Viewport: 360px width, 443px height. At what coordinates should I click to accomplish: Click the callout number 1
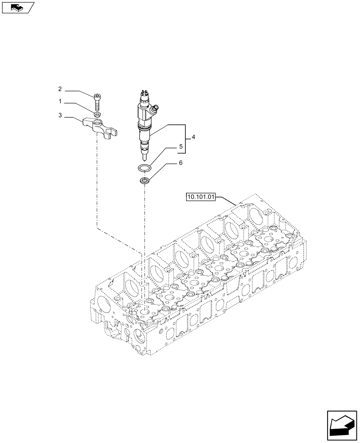pyautogui.click(x=60, y=102)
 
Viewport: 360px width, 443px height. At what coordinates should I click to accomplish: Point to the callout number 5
pyautogui.click(x=180, y=146)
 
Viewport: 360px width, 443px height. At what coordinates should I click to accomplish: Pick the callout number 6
pyautogui.click(x=180, y=163)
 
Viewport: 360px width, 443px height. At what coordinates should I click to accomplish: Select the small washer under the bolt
pyautogui.click(x=97, y=115)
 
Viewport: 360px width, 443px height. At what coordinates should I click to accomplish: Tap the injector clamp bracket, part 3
pyautogui.click(x=100, y=127)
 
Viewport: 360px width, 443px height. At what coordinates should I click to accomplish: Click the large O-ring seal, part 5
pyautogui.click(x=144, y=168)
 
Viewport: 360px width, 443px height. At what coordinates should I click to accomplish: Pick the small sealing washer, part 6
pyautogui.click(x=144, y=181)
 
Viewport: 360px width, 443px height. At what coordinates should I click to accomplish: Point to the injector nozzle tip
pyautogui.click(x=144, y=156)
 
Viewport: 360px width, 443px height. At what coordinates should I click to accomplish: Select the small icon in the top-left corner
pyautogui.click(x=18, y=7)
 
